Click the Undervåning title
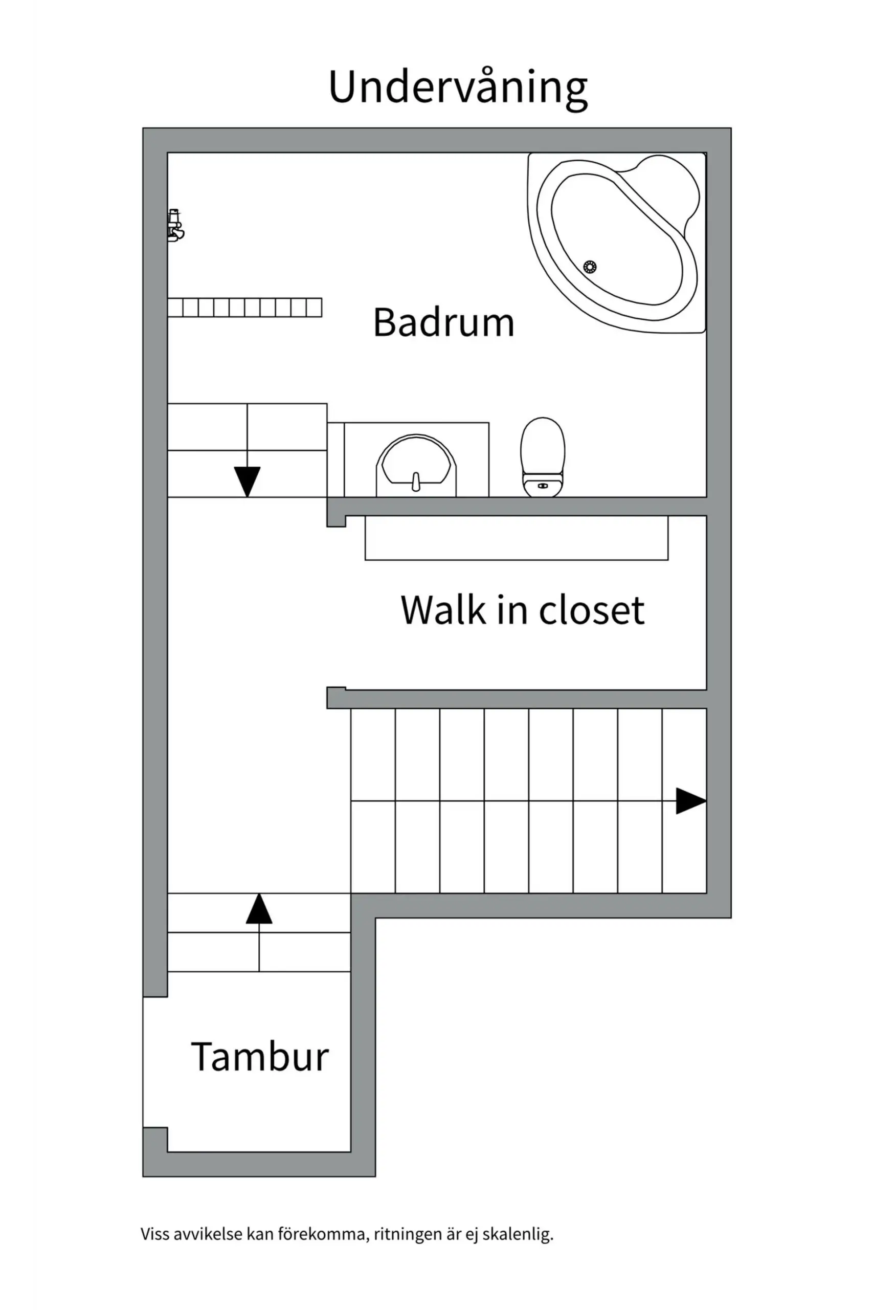458,88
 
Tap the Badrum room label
443,322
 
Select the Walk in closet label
522,610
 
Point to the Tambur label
259,1057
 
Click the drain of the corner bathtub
590,267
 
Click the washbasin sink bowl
416,462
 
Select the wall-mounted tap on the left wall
175,225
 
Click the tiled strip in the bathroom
245,308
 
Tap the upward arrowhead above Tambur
259,909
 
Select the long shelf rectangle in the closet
516,538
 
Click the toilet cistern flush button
543,486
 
